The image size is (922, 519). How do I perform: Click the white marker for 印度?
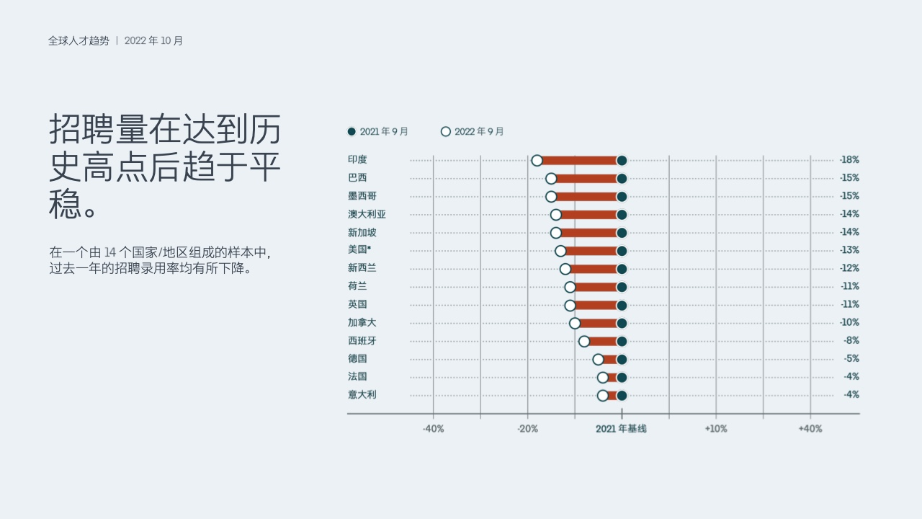[537, 161]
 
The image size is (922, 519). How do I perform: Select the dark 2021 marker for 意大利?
[622, 396]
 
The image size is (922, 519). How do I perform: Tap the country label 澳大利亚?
[367, 214]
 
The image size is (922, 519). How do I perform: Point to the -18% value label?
[849, 160]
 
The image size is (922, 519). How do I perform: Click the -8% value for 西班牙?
[851, 341]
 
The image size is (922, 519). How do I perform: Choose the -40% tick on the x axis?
[433, 429]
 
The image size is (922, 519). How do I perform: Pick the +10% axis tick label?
[716, 429]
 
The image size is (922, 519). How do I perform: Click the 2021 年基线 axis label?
[621, 429]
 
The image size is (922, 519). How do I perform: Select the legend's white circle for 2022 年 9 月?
[445, 132]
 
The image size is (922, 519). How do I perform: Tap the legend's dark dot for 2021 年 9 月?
[352, 132]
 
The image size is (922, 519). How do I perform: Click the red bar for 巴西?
[586, 179]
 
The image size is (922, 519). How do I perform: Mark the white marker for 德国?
[598, 360]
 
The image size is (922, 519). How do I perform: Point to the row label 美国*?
[359, 249]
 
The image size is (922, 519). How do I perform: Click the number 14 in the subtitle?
[109, 252]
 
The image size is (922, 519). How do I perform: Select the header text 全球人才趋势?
[79, 41]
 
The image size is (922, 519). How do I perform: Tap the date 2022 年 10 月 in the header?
[153, 41]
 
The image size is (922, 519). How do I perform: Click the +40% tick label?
[810, 429]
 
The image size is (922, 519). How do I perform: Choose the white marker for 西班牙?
[584, 342]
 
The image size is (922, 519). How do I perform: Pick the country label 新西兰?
[362, 268]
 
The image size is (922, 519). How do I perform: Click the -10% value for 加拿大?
[849, 322]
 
